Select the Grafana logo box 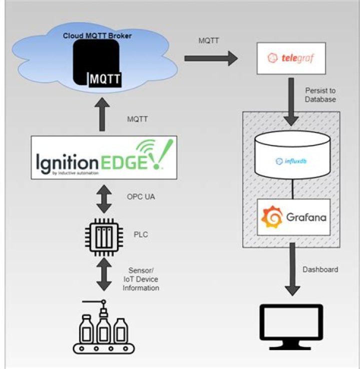point(293,217)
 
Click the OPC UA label point(141,196)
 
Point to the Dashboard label point(320,269)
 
